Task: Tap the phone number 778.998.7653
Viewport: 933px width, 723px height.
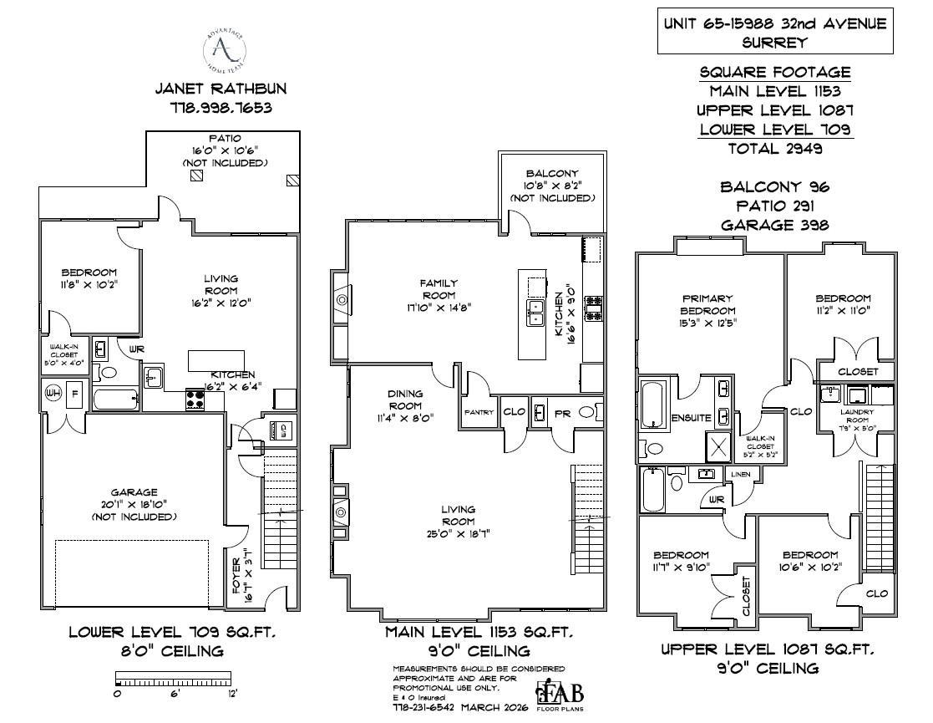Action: pos(222,108)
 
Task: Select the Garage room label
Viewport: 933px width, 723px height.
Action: pos(134,492)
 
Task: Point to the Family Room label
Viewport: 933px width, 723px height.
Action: pos(438,289)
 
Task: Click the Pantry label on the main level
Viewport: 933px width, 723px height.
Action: pos(479,412)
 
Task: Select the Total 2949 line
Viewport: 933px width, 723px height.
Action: pos(774,149)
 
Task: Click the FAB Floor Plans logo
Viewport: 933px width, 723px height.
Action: pos(560,695)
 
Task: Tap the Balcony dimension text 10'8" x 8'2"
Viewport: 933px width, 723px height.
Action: pos(552,186)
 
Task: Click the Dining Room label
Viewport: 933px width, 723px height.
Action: pos(405,399)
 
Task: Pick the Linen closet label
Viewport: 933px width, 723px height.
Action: pos(740,474)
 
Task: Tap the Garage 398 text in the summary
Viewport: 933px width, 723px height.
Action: pos(774,225)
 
